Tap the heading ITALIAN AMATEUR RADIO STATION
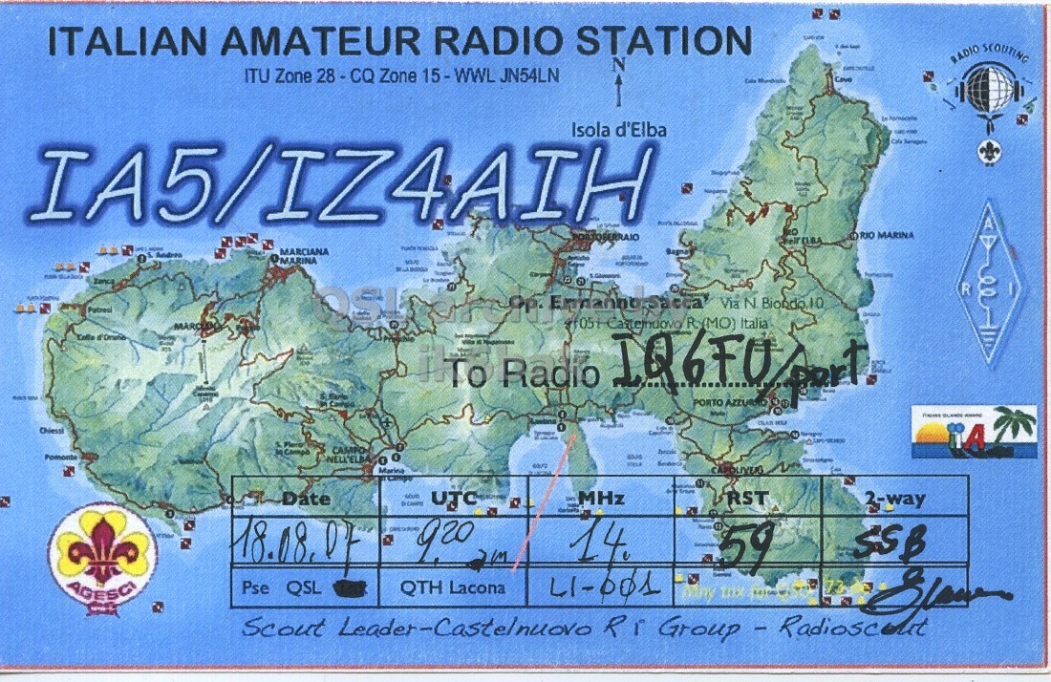(x=399, y=43)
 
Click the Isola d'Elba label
(x=619, y=131)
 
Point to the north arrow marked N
(x=620, y=81)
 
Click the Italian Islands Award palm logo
(x=974, y=435)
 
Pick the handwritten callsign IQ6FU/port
(x=737, y=367)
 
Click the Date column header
(x=307, y=499)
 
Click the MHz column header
(x=601, y=499)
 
